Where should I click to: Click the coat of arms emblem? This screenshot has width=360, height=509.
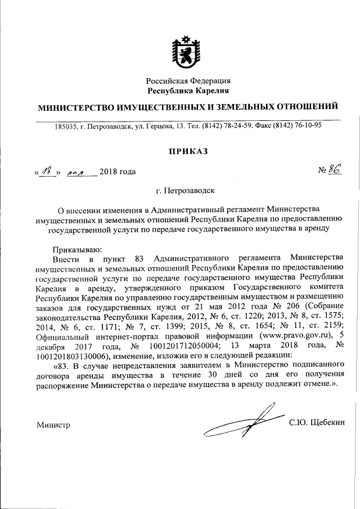(188, 52)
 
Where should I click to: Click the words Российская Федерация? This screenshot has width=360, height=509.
(188, 81)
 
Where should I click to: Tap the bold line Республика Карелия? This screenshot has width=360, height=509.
(188, 91)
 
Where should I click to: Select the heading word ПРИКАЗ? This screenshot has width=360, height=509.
(188, 150)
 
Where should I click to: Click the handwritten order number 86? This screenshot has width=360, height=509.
(336, 170)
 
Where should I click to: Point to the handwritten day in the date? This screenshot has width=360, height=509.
(47, 171)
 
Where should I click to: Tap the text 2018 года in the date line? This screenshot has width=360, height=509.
(118, 172)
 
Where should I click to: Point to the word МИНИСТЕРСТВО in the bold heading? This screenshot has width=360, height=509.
(75, 107)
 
